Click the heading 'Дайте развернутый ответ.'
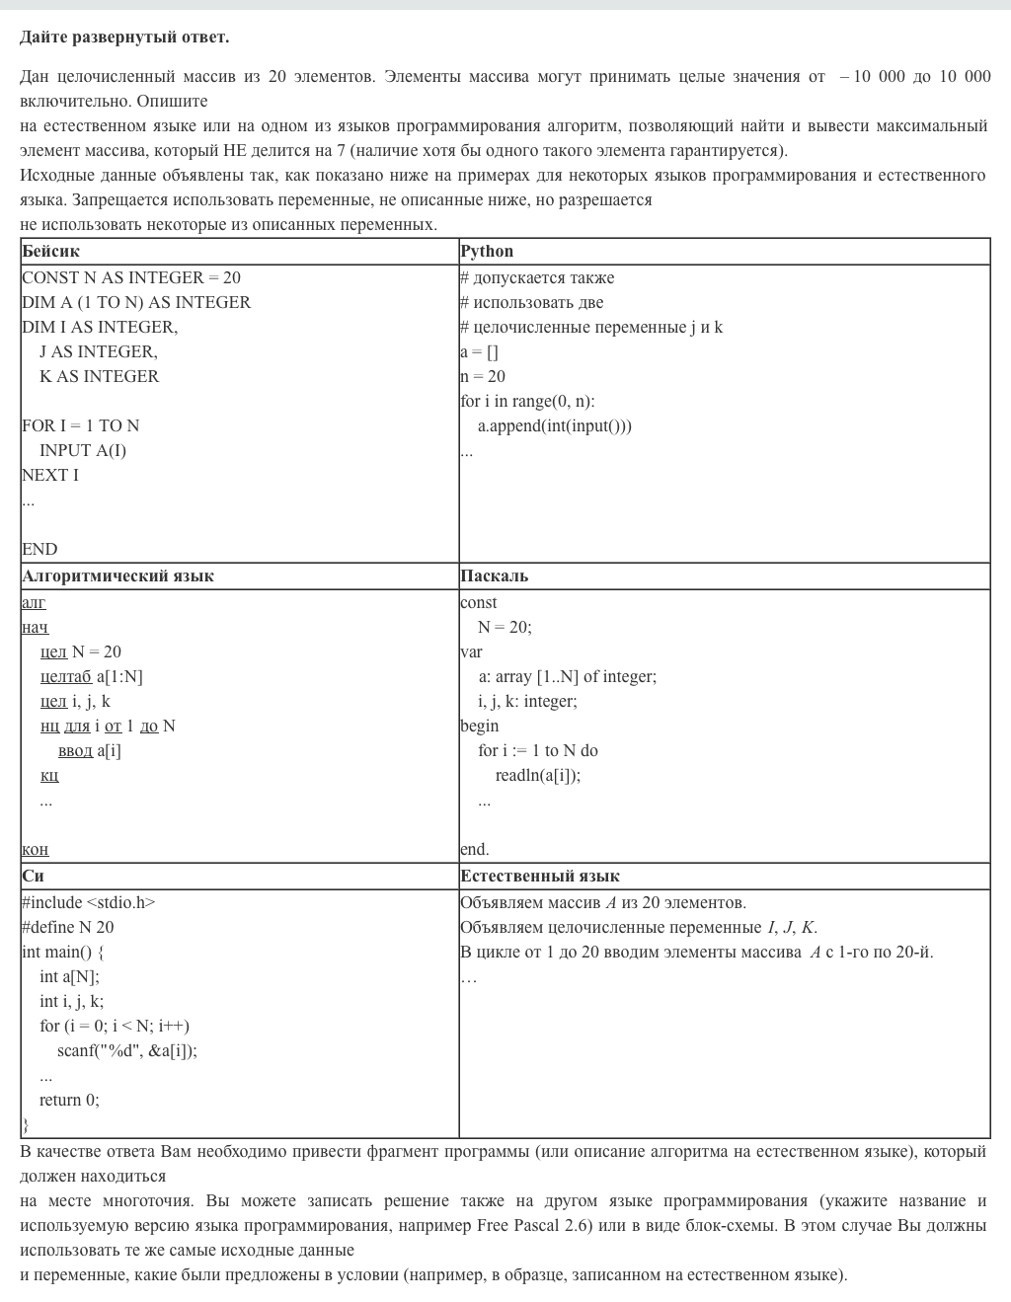pos(124,38)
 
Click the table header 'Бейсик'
pos(50,252)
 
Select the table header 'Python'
pos(487,252)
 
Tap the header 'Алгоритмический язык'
pos(117,576)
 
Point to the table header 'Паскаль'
pos(494,576)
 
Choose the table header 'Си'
pos(33,877)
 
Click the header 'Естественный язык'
pos(540,877)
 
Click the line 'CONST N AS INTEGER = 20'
pos(131,278)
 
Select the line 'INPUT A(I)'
pos(83,451)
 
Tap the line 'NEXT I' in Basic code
pos(50,476)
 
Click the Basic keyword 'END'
pos(39,550)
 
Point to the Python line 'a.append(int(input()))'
pos(555,426)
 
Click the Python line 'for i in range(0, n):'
pos(527,402)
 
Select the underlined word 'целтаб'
pos(66,677)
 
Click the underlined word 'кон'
pos(35,850)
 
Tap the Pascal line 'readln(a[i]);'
pos(538,776)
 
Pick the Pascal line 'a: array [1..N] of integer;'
pos(568,677)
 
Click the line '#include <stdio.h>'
pos(89,903)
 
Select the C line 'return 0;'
pos(69,1101)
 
